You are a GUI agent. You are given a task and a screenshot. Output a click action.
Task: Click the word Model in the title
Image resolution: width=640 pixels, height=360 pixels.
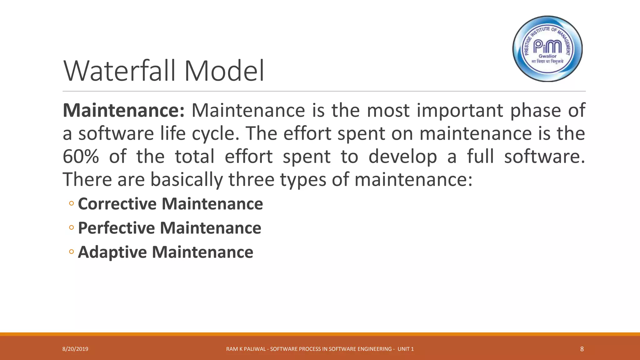(224, 71)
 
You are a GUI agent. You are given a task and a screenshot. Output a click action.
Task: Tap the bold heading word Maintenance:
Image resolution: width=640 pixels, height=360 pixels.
(124, 110)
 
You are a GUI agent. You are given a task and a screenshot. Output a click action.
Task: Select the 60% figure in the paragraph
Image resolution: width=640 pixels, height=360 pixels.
(81, 157)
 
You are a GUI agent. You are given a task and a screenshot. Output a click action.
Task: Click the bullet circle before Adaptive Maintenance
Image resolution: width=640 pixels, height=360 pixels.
(71, 252)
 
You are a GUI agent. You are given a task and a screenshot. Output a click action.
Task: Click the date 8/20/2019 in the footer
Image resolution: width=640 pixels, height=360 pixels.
(75, 349)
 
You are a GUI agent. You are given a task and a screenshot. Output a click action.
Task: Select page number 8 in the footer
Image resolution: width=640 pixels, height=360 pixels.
(582, 349)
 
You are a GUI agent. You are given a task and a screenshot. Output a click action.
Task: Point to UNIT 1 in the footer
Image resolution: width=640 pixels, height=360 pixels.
(405, 349)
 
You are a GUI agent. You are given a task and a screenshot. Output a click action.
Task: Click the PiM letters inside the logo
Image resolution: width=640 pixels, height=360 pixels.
(547, 47)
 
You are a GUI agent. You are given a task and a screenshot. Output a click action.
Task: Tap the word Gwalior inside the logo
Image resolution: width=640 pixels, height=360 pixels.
(547, 56)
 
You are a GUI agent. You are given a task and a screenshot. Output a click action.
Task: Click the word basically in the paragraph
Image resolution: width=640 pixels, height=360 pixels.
(187, 180)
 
